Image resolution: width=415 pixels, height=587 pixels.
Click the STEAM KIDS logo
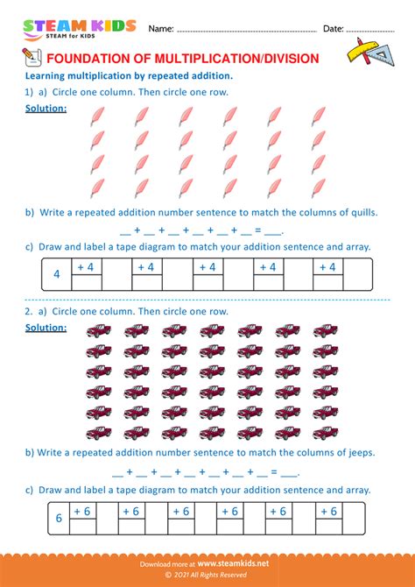coord(80,29)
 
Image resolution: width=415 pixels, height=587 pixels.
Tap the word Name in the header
coord(160,29)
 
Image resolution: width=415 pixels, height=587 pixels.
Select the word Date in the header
coord(333,29)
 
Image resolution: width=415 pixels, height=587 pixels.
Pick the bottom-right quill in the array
coord(319,187)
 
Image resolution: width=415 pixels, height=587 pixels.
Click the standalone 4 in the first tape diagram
coord(56,275)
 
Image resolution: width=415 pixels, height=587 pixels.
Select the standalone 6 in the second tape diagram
coord(59,518)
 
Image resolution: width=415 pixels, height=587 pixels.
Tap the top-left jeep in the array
coord(99,330)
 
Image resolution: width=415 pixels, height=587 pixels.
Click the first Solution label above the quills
coord(46,108)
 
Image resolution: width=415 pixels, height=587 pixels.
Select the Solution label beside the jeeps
coord(46,328)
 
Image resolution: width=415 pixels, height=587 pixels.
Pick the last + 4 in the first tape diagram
coord(328,267)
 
